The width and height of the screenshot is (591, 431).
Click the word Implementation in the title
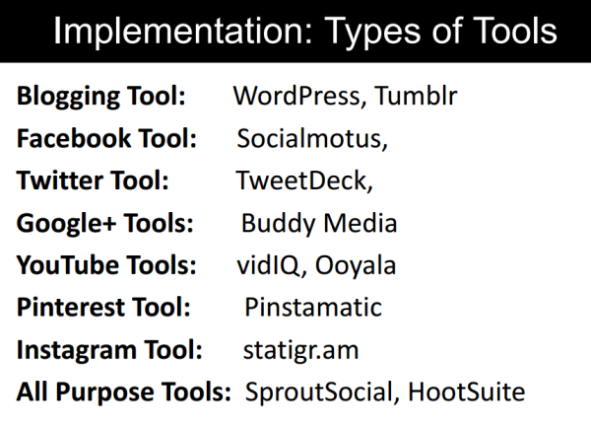click(183, 31)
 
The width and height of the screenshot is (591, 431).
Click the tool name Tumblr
click(416, 96)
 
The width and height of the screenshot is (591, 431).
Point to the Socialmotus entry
click(312, 138)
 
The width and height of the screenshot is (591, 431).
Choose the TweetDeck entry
click(304, 180)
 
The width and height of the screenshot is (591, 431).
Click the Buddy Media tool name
click(319, 223)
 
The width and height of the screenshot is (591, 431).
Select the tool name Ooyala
click(356, 265)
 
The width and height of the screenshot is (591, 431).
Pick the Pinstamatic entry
click(313, 307)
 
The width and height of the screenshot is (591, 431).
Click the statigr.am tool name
click(300, 350)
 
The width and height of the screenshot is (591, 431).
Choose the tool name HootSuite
click(467, 392)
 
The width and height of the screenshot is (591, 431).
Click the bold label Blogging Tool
click(101, 97)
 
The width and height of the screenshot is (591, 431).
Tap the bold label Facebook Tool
click(106, 138)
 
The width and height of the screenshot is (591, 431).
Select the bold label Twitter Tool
click(93, 180)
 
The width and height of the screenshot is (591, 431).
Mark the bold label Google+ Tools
click(105, 223)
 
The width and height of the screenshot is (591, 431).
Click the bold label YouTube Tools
click(106, 265)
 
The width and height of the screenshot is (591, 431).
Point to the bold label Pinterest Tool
click(103, 307)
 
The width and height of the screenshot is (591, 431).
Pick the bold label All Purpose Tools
click(124, 392)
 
